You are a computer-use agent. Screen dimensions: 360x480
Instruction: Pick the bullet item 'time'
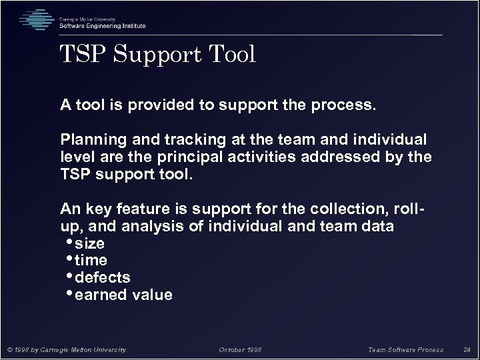[x=91, y=260]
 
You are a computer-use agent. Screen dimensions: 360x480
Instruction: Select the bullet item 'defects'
[x=103, y=277]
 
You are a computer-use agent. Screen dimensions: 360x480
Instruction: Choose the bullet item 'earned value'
[x=124, y=295]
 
